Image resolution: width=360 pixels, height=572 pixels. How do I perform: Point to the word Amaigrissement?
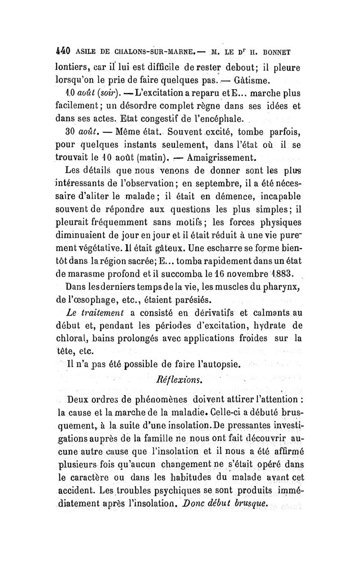(221, 158)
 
